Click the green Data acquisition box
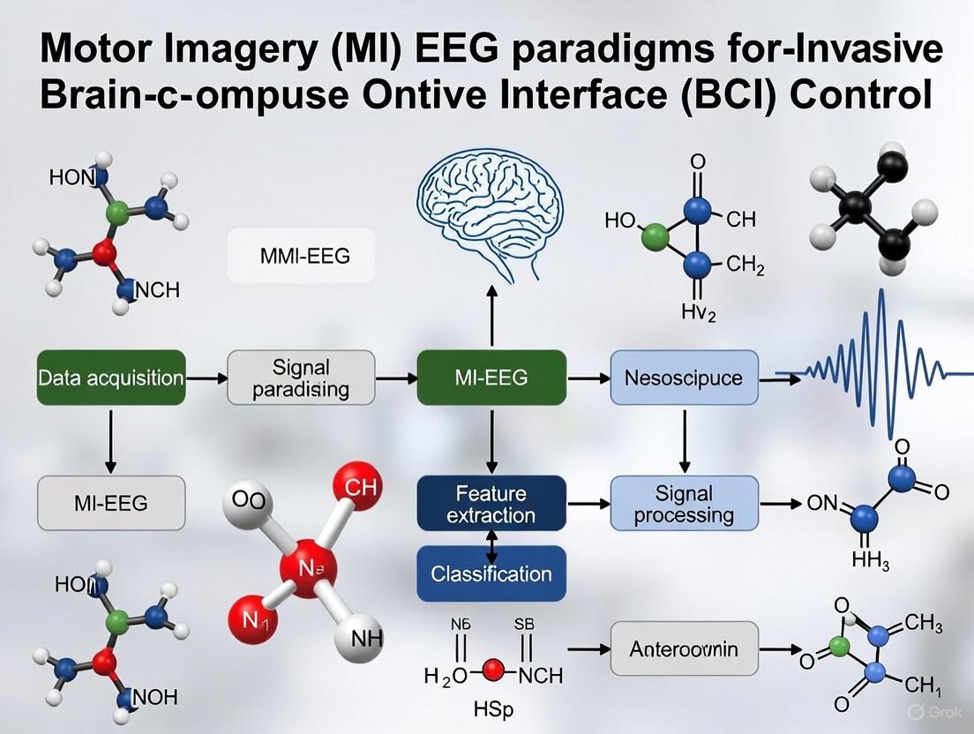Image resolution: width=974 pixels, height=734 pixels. click(x=111, y=378)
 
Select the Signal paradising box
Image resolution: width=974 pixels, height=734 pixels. click(x=302, y=378)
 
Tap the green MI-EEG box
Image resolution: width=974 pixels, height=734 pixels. click(x=491, y=378)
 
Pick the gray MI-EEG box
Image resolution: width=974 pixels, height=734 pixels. click(x=111, y=504)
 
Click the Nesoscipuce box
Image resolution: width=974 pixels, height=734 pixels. click(x=684, y=378)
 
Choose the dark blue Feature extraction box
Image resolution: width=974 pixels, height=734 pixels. click(x=491, y=504)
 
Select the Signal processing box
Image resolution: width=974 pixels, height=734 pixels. click(x=684, y=504)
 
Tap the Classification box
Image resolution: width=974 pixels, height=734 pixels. click(x=491, y=574)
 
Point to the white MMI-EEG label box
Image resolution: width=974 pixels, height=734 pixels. click(x=302, y=256)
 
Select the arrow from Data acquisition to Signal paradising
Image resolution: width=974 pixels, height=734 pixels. click(x=206, y=378)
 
